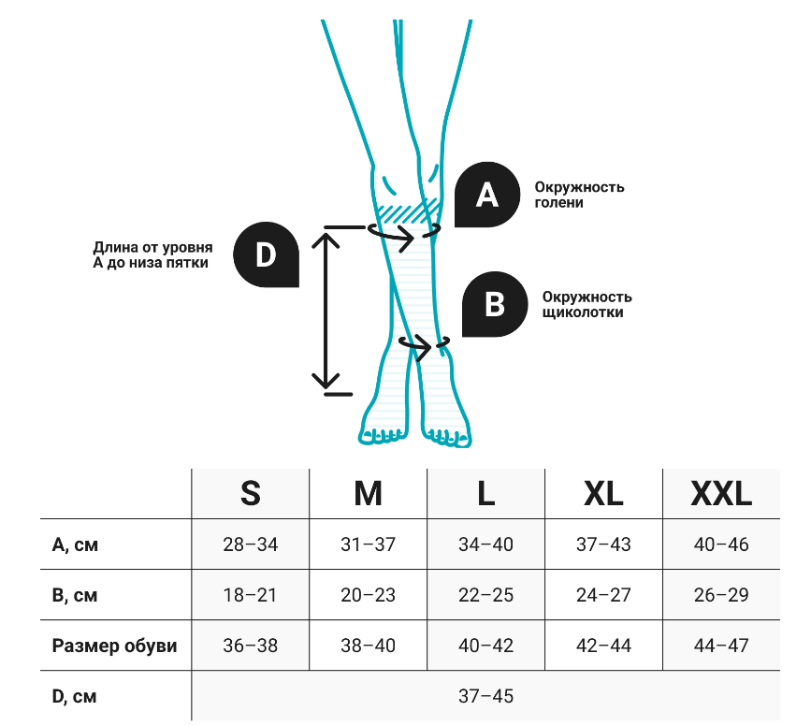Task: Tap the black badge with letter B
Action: [497, 304]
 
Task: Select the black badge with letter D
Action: [267, 254]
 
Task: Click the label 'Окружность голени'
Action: [579, 195]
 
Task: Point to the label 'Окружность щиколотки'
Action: [587, 304]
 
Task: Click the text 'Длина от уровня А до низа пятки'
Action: [152, 255]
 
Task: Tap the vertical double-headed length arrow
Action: [326, 309]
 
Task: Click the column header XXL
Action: [720, 493]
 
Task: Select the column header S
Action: [250, 493]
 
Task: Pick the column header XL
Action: [602, 493]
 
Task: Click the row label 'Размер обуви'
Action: [114, 646]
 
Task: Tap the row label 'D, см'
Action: [74, 696]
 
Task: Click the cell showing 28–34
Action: [250, 544]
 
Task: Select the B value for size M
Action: [368, 595]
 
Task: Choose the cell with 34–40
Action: [485, 544]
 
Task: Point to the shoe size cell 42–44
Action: [603, 646]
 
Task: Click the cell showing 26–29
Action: [721, 595]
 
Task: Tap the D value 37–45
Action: [485, 696]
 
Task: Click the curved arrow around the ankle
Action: [425, 346]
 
